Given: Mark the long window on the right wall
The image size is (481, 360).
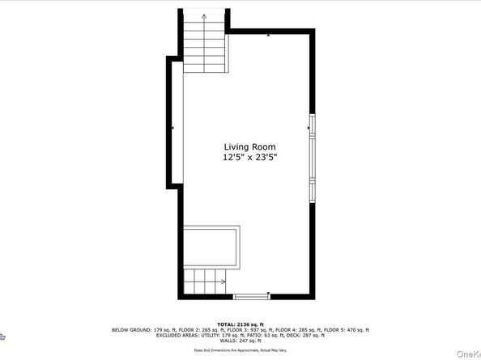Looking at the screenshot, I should coord(312,159).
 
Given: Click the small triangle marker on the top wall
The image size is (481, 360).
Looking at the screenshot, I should coord(268,36).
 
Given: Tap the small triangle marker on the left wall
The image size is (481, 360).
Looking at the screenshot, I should coord(172,128).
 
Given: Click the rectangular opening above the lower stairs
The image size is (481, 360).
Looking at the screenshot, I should coord(210,246).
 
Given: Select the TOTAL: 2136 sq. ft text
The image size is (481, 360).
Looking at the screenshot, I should coord(240,323).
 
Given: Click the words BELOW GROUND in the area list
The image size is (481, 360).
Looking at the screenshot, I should coord(131,330).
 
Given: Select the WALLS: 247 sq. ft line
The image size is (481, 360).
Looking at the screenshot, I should coord(240,343).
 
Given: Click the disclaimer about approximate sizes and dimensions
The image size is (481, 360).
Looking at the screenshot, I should coord(240,352).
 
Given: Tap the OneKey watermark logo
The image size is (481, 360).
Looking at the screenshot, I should coord(467,354).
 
